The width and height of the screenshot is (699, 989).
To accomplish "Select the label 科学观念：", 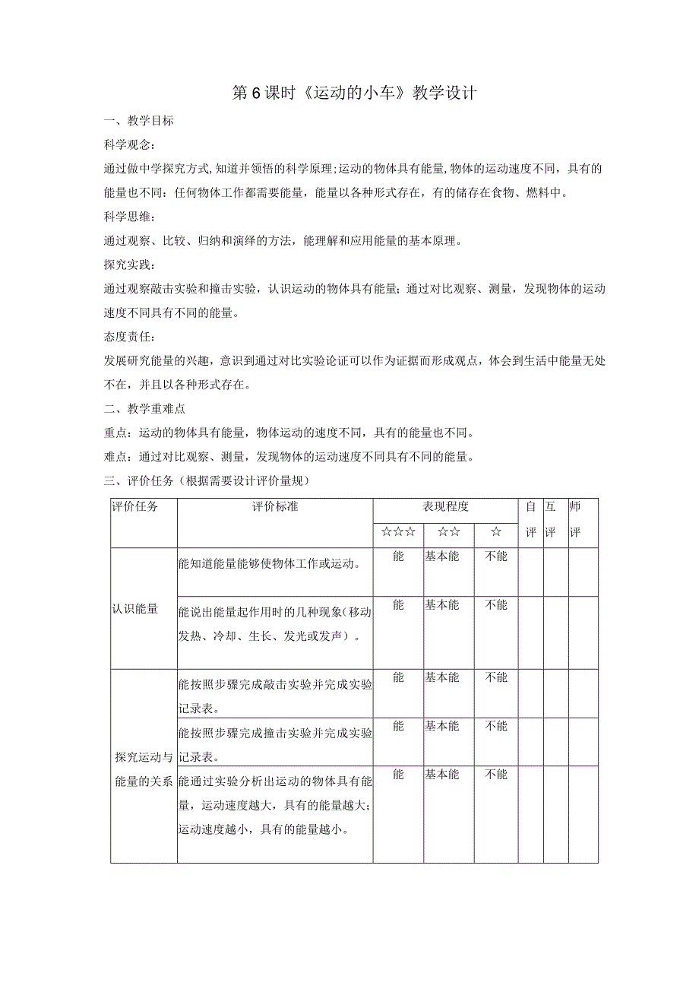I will [x=130, y=144].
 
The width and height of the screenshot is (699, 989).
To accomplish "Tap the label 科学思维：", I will [x=130, y=217].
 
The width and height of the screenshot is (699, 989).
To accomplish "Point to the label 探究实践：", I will [x=130, y=265].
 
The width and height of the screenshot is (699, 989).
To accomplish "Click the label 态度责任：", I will [x=130, y=337].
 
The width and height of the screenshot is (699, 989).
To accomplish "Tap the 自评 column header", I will [x=530, y=519].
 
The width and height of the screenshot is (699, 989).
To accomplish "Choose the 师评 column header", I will [x=574, y=519].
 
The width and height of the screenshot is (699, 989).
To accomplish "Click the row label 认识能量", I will [x=135, y=609].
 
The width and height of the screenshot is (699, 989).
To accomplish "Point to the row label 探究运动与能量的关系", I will [x=144, y=769].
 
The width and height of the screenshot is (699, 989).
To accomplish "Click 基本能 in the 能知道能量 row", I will [x=441, y=556].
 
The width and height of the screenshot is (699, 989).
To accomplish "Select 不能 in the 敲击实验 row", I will [x=496, y=677].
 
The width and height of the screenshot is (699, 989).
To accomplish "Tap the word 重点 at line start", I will [x=115, y=433].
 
